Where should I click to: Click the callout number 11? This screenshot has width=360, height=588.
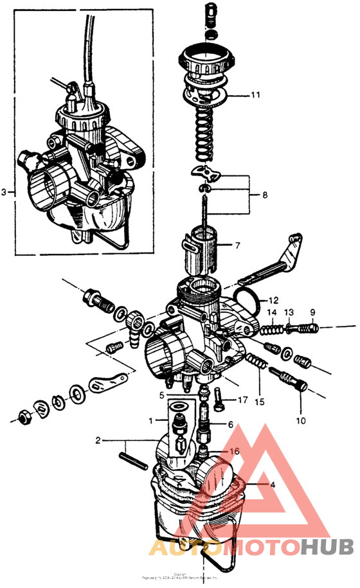pos(256,95)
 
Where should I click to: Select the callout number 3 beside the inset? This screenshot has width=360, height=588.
pos(5,192)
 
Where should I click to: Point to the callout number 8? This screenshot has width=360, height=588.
pos(256,194)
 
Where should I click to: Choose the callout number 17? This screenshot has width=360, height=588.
pos(242,400)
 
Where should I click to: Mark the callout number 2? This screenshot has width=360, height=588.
pos(98,441)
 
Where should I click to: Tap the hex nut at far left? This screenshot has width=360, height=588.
pos(24,417)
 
